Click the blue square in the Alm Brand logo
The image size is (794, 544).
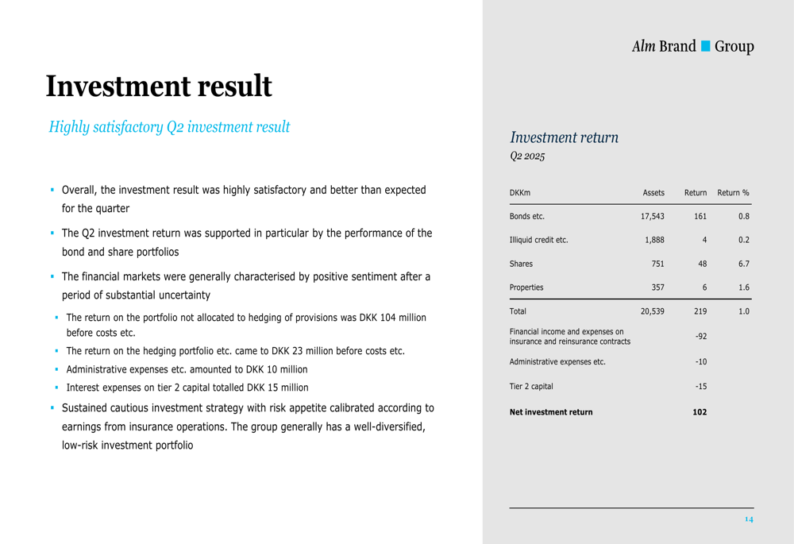705,47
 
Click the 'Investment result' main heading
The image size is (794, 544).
159,87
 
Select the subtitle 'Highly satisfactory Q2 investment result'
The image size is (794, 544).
169,127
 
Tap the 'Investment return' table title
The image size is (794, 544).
564,137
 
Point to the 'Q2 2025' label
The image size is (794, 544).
527,156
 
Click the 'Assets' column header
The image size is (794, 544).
653,193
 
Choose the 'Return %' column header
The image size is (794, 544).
733,193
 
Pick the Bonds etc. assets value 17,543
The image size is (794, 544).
652,216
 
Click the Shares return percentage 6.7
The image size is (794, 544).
743,264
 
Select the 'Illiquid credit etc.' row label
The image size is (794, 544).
539,240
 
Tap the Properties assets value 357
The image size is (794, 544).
657,287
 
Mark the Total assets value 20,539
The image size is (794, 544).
652,311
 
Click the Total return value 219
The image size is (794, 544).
700,311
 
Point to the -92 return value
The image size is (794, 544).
700,337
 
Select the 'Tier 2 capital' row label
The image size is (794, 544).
531,387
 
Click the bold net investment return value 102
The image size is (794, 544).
700,412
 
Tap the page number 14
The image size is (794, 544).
748,519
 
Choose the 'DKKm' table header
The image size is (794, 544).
520,193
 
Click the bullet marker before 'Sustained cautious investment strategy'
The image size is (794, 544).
52,408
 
